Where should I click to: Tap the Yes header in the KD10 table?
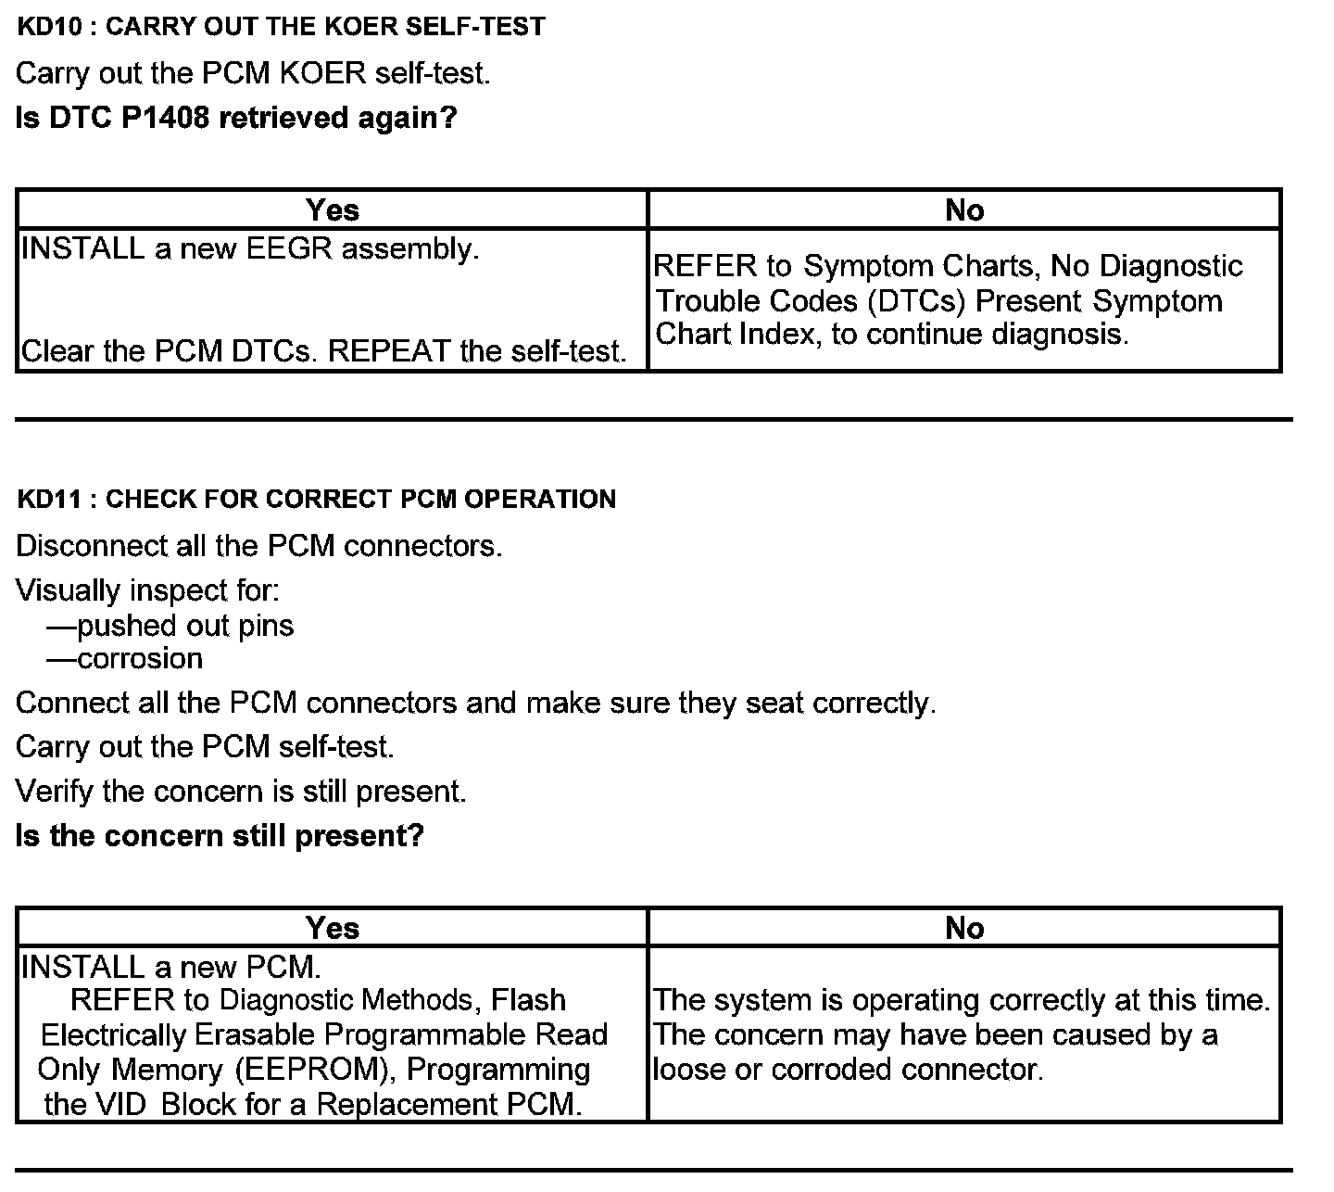tap(332, 210)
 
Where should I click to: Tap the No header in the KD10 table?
tap(964, 210)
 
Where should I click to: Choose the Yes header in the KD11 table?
tap(332, 928)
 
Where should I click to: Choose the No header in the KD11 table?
tap(964, 928)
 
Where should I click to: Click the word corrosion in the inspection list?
tap(140, 659)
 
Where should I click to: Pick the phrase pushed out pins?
tap(185, 626)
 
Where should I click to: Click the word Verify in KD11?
tap(56, 792)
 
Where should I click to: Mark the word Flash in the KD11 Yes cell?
tap(528, 1000)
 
